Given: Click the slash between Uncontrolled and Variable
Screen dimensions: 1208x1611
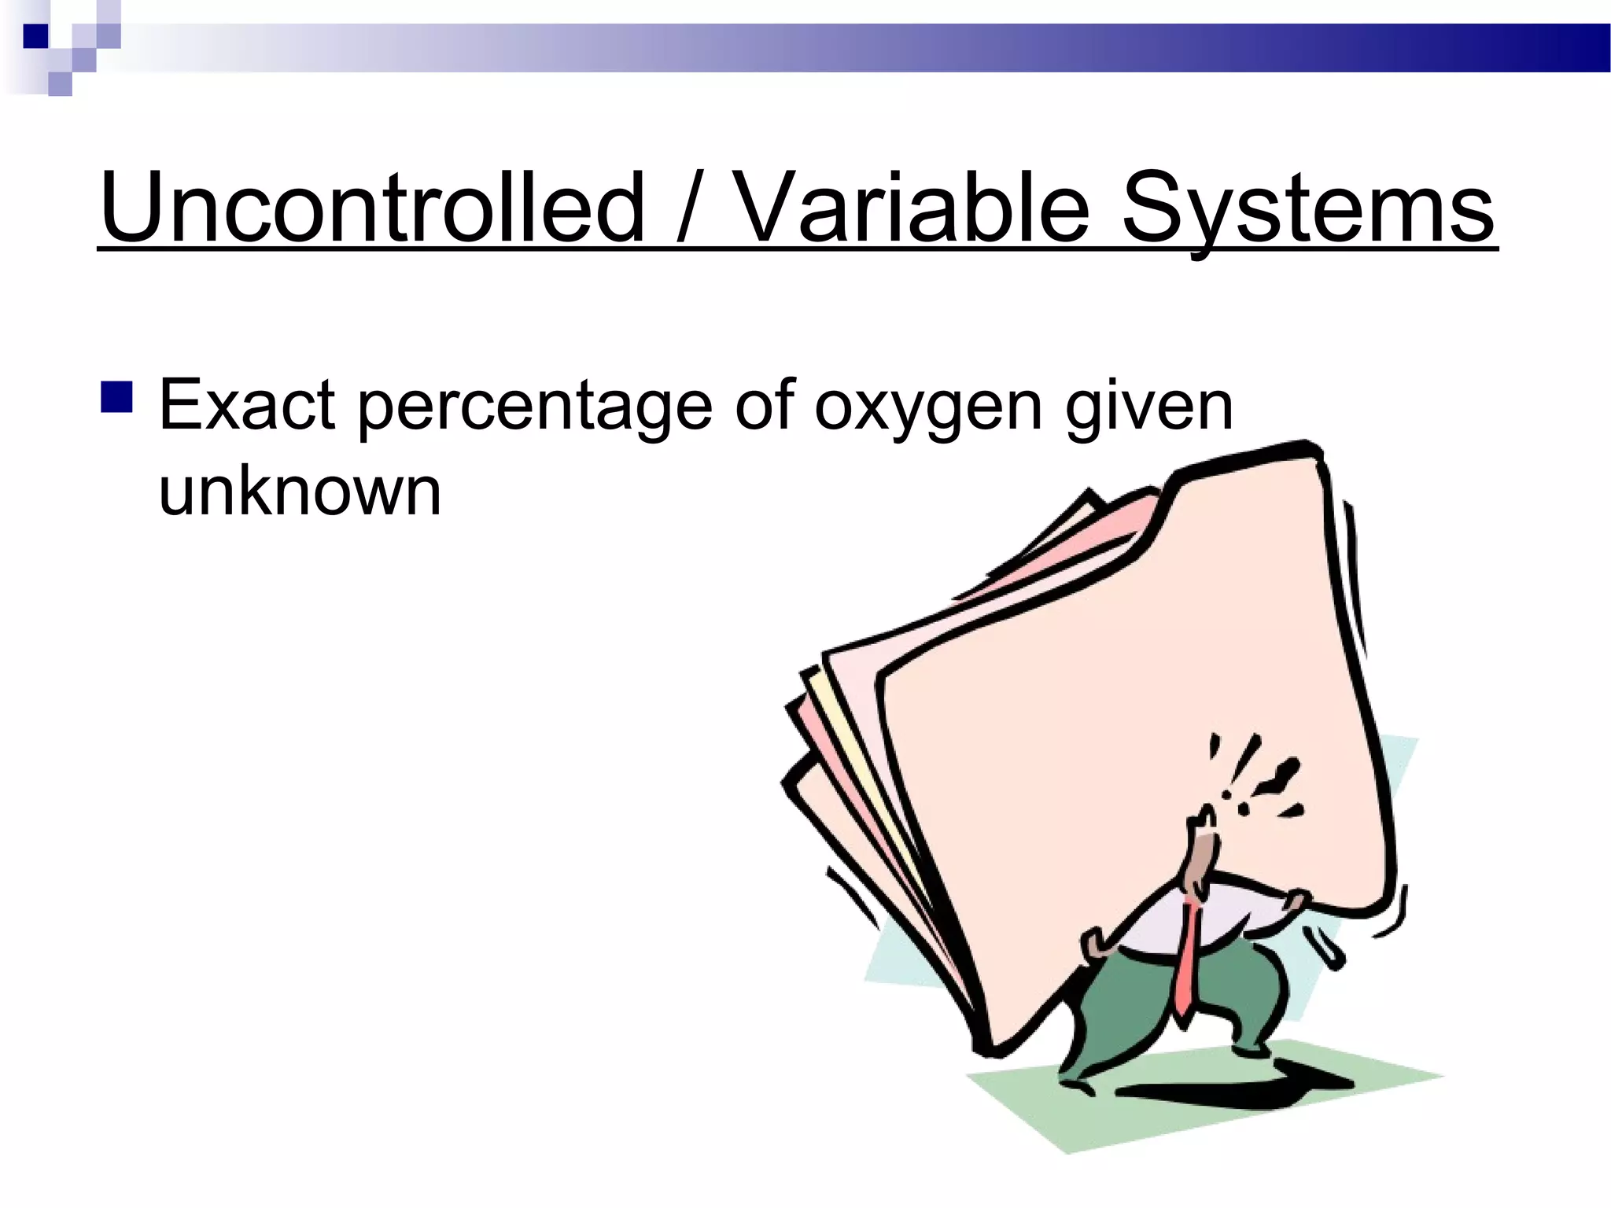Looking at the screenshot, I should tap(690, 208).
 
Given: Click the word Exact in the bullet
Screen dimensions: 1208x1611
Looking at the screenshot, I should tap(247, 406).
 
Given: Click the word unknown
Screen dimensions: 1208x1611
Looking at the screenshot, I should tap(300, 492).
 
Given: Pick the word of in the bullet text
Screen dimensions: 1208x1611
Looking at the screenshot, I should tap(761, 406).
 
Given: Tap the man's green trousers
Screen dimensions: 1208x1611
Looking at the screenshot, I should tap(1133, 1007).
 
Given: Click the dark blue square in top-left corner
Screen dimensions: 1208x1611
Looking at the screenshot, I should tap(35, 36).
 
